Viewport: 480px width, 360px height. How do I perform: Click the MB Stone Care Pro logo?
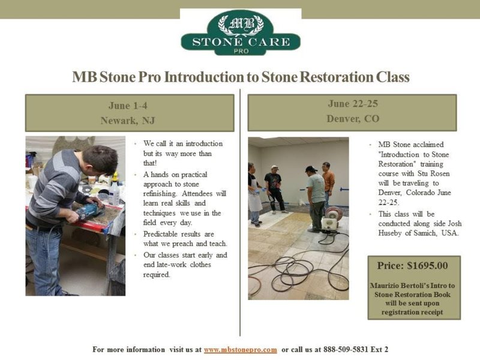[x=241, y=32]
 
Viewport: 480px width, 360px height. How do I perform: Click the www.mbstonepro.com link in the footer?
[x=240, y=349]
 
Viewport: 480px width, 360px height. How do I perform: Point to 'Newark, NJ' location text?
[x=128, y=121]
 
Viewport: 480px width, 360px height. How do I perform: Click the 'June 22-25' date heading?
[x=352, y=104]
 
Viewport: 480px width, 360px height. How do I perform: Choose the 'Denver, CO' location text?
[x=352, y=119]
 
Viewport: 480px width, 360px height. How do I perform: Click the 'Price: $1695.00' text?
[x=413, y=265]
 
